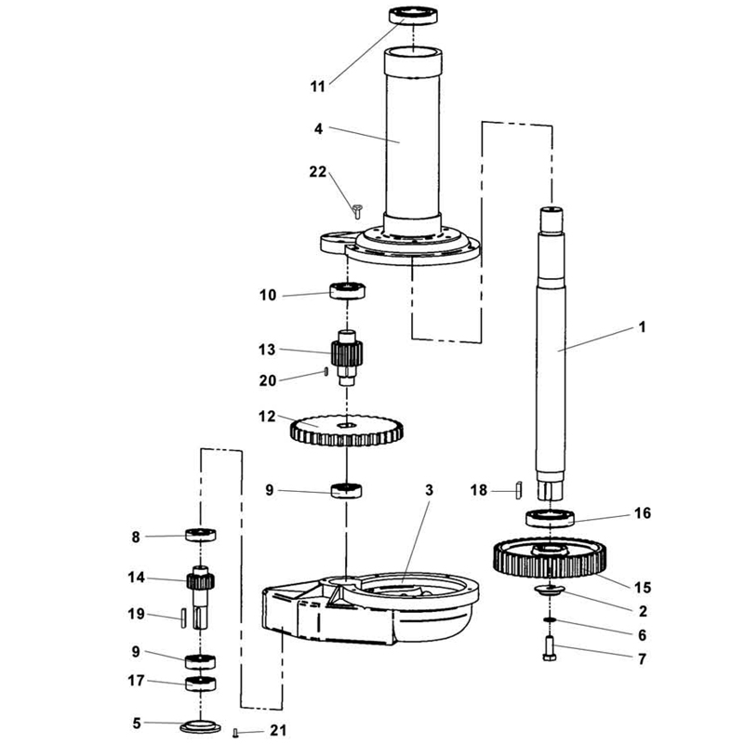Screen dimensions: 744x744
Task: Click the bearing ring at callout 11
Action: click(x=413, y=15)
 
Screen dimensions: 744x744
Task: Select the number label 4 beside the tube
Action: click(x=318, y=128)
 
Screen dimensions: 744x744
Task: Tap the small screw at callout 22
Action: click(x=357, y=211)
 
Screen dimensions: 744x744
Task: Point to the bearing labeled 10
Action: click(x=347, y=290)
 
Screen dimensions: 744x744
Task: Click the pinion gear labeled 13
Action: click(x=347, y=357)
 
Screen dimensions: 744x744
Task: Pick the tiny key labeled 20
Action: click(x=326, y=371)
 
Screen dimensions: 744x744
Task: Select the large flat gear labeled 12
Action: click(x=346, y=431)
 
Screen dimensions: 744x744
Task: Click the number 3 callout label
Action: click(x=429, y=490)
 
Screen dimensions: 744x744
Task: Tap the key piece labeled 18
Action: click(x=519, y=490)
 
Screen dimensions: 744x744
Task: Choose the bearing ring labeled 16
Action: click(x=550, y=517)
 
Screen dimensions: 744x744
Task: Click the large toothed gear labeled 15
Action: click(x=550, y=558)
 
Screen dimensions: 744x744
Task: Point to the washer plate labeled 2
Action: click(x=550, y=590)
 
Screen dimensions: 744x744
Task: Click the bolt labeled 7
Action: click(x=550, y=648)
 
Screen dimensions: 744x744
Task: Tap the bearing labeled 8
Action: click(x=200, y=535)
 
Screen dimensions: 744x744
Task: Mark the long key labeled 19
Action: click(x=183, y=618)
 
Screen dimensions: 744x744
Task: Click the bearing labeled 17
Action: click(x=200, y=684)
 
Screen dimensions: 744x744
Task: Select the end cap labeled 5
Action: click(x=200, y=726)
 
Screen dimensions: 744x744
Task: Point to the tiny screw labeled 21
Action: click(x=235, y=733)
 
